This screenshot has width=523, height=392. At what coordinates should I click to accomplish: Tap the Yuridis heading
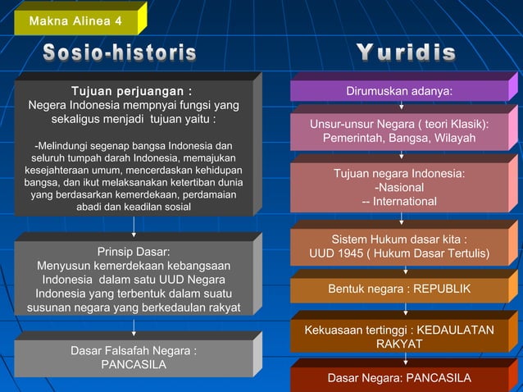[x=406, y=53]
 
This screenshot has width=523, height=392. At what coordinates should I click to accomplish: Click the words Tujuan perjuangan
[x=132, y=91]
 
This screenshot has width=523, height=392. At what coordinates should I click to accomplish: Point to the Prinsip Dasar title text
[x=134, y=251]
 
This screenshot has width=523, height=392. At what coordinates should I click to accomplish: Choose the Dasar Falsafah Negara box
[x=133, y=358]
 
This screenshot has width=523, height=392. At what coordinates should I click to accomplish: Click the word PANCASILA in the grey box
[x=134, y=364]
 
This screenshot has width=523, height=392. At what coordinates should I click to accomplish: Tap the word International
[x=403, y=202]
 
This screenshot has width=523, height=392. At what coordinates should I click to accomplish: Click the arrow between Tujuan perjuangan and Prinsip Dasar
[x=133, y=226]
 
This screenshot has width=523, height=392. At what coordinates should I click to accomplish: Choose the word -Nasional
[x=399, y=188]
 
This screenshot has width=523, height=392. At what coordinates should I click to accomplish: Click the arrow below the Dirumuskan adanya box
[x=401, y=105]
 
